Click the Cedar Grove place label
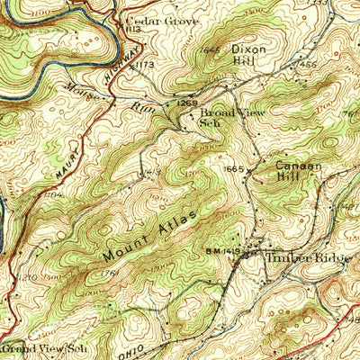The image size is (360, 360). click(x=150, y=18)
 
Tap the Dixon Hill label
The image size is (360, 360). click(x=248, y=55)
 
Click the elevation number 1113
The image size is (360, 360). click(x=135, y=30)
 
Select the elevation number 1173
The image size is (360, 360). click(x=147, y=66)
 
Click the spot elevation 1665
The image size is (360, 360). click(x=236, y=169)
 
